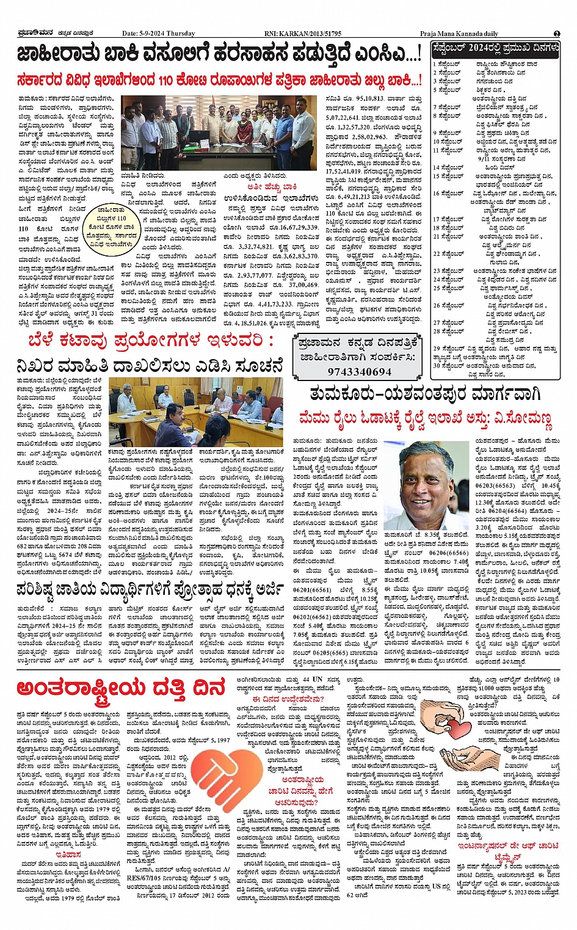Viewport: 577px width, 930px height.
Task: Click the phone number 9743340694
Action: [359, 371]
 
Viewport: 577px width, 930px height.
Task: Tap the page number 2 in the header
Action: [556, 34]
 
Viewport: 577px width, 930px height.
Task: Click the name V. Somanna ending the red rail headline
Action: [528, 419]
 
